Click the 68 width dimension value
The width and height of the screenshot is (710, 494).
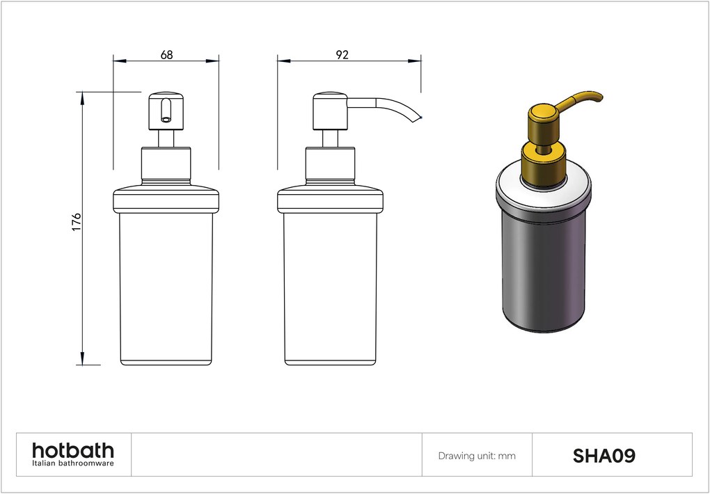point(166,55)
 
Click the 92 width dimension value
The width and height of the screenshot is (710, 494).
point(342,55)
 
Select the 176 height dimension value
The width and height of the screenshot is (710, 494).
point(77,221)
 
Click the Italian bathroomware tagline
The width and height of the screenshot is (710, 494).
point(73,463)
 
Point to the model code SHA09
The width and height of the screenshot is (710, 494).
point(603,456)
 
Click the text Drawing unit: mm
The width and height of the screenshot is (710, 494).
point(477,456)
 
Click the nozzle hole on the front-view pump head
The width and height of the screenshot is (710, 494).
point(165,118)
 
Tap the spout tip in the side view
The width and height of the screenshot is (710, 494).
point(419,118)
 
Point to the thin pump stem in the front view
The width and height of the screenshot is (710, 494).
point(166,138)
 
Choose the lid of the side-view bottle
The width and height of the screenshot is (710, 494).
point(330,200)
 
